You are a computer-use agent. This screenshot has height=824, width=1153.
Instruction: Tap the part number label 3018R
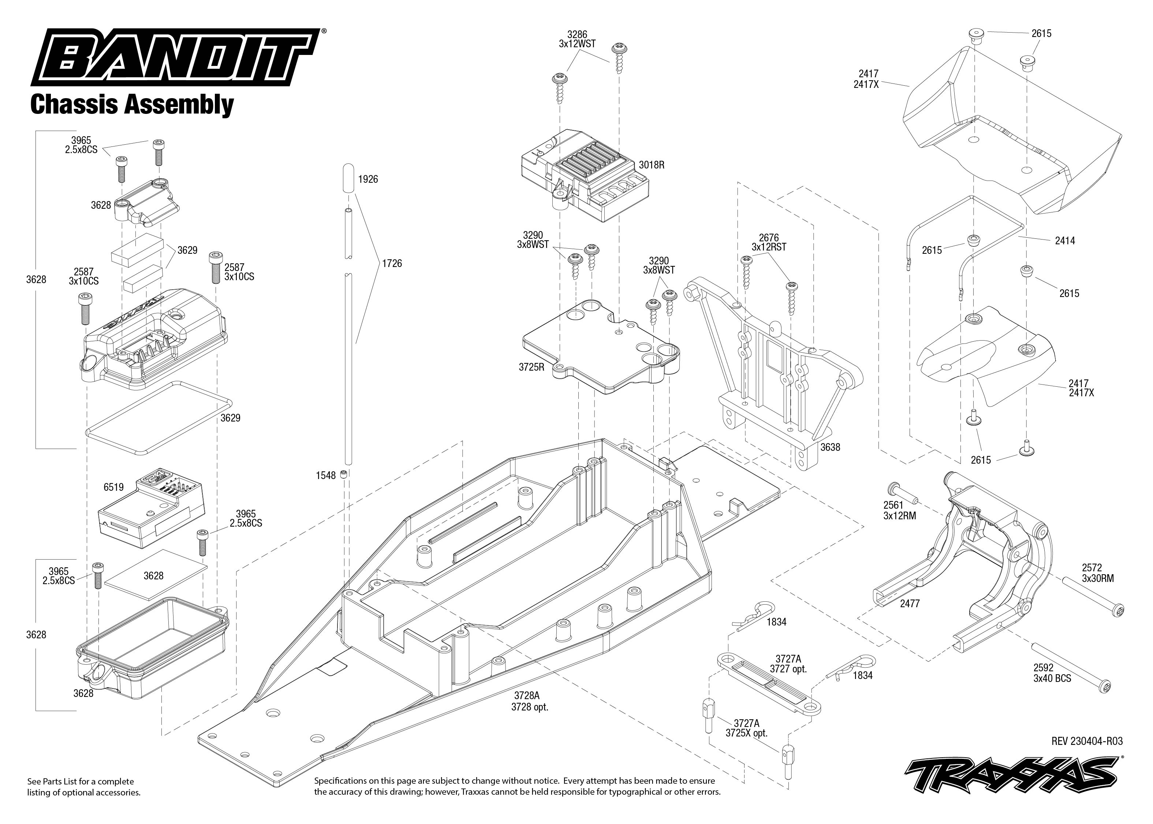pyautogui.click(x=651, y=165)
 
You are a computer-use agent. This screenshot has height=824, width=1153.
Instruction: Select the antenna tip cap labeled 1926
pyautogui.click(x=348, y=178)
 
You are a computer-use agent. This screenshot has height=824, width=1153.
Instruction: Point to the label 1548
pyautogui.click(x=325, y=475)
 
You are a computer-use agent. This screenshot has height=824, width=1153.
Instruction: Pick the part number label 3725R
pyautogui.click(x=531, y=367)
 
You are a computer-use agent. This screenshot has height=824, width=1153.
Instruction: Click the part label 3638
pyautogui.click(x=830, y=447)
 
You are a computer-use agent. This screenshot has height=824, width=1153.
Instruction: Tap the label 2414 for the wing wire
pyautogui.click(x=1065, y=241)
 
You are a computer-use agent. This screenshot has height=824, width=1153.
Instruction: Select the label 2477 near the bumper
pyautogui.click(x=910, y=603)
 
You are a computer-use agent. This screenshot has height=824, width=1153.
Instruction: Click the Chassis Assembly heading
pyautogui.click(x=132, y=104)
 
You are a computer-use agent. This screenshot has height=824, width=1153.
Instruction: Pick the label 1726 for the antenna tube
pyautogui.click(x=391, y=263)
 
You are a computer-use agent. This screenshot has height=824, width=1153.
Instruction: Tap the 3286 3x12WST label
pyautogui.click(x=577, y=39)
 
